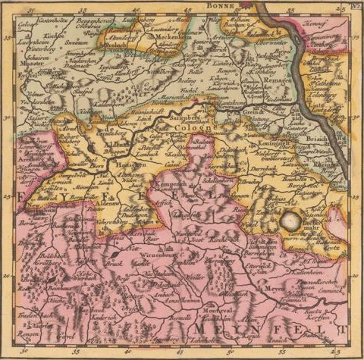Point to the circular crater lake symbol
pyautogui.click(x=290, y=221)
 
